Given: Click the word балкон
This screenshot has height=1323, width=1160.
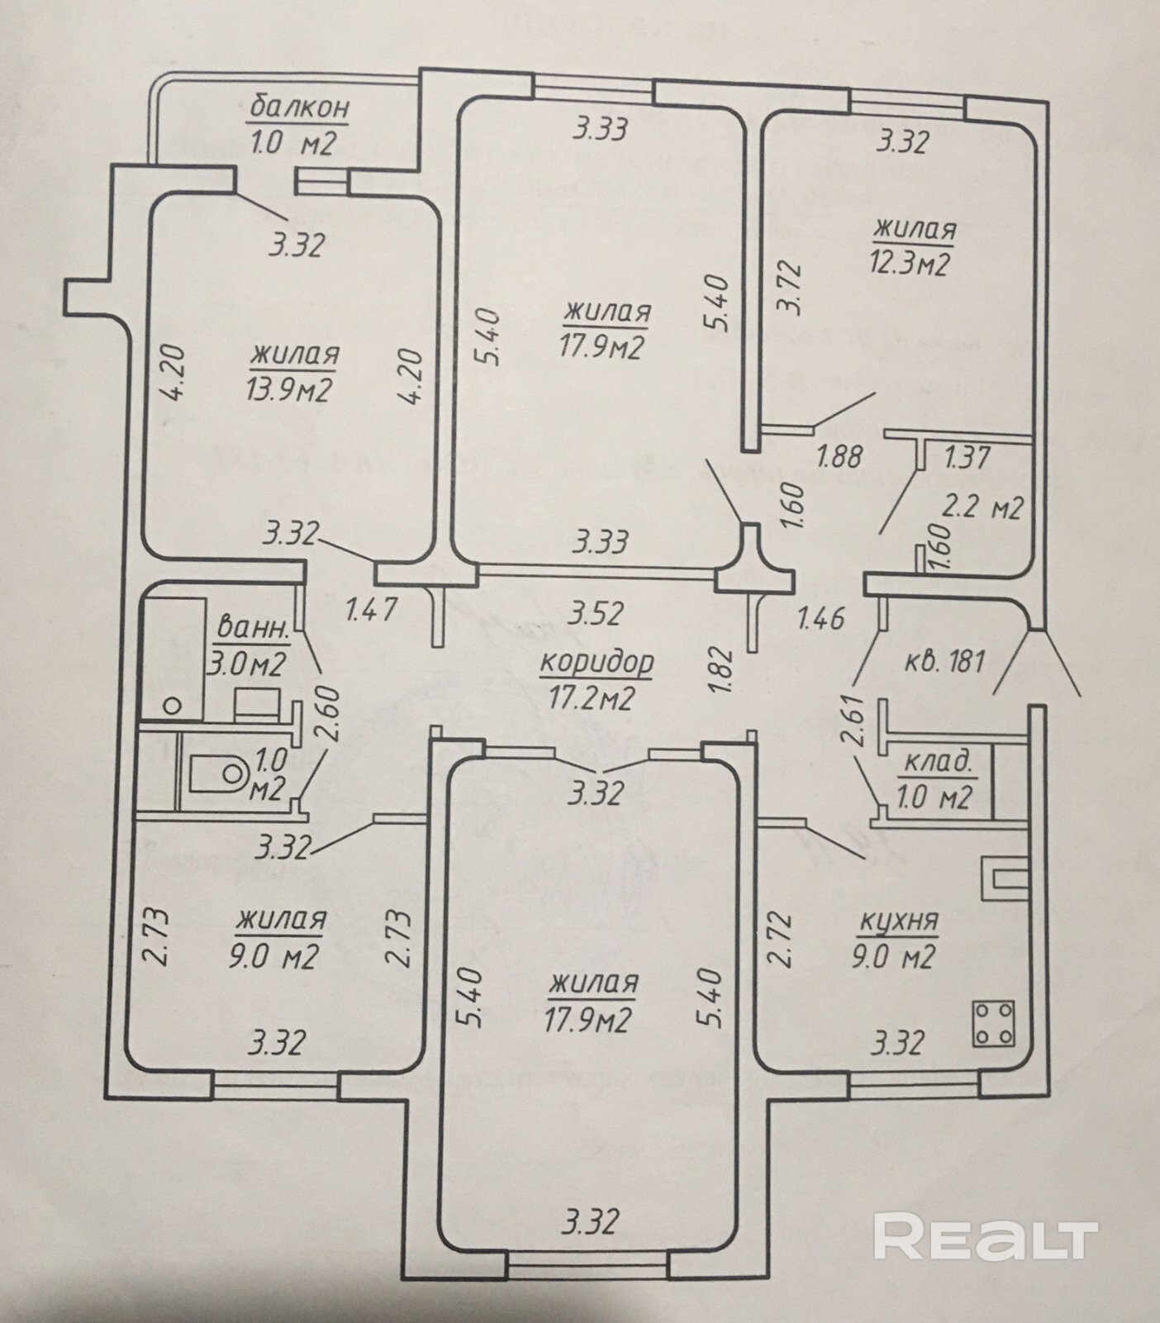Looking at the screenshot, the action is (x=300, y=107).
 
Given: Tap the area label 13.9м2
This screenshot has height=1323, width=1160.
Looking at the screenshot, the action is (x=288, y=388).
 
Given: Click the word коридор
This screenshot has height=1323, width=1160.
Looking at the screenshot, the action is (x=597, y=663).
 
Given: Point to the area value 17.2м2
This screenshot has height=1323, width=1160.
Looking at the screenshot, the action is (x=591, y=699).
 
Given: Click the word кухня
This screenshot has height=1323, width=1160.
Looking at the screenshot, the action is (x=899, y=921).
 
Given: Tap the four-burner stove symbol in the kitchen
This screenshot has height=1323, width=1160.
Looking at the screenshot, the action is (x=994, y=1024).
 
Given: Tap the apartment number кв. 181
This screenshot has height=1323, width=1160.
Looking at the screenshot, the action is (x=944, y=661).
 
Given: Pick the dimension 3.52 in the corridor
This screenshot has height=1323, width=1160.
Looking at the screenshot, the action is (x=597, y=613).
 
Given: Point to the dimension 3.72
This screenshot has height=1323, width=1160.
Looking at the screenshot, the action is (x=791, y=288).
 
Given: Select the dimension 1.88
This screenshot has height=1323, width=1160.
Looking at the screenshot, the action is (x=839, y=455).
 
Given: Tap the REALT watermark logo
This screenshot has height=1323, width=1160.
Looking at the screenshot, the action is (x=985, y=1236).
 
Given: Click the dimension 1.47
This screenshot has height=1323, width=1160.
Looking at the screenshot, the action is (x=371, y=610).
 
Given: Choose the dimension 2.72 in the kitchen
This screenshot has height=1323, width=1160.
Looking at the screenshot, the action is (x=781, y=939).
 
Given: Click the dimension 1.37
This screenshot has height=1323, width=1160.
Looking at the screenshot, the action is (x=967, y=457).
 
